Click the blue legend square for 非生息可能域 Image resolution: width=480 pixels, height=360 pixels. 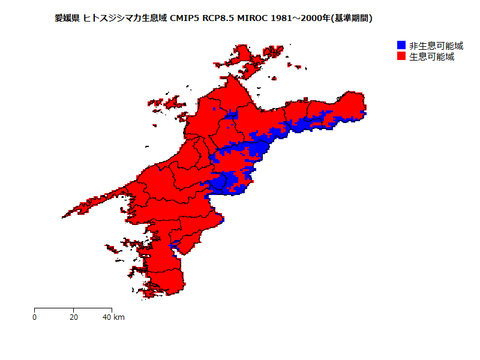click(x=401, y=46)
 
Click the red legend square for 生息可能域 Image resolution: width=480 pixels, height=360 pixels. click(x=401, y=56)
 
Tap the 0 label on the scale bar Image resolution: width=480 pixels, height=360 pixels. click(x=34, y=317)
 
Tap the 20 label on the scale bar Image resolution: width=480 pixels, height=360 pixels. click(x=73, y=317)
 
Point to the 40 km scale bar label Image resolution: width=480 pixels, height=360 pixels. click(x=114, y=317)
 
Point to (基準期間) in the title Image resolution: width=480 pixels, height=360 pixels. click(x=352, y=18)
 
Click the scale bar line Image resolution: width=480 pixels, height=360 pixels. click(x=73, y=308)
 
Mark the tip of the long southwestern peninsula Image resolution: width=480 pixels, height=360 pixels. click(x=64, y=216)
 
